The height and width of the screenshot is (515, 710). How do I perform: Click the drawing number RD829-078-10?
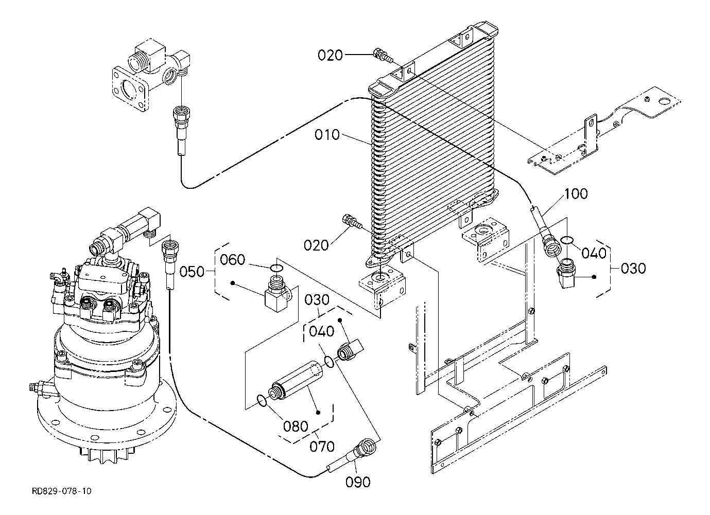[x=61, y=491]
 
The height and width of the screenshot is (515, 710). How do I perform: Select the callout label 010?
[x=327, y=135]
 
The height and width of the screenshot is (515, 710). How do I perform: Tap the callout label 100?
[x=576, y=193]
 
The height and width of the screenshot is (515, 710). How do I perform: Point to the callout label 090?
[x=358, y=482]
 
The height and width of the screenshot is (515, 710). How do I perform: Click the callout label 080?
[x=296, y=427]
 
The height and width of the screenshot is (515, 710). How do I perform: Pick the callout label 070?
[x=322, y=447]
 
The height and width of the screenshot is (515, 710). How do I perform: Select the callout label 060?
[x=233, y=260]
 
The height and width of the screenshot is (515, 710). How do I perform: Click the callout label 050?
[x=192, y=272]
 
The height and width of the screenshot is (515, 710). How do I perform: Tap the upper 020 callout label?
[x=330, y=55]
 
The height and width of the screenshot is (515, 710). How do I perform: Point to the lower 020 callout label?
[x=316, y=245]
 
